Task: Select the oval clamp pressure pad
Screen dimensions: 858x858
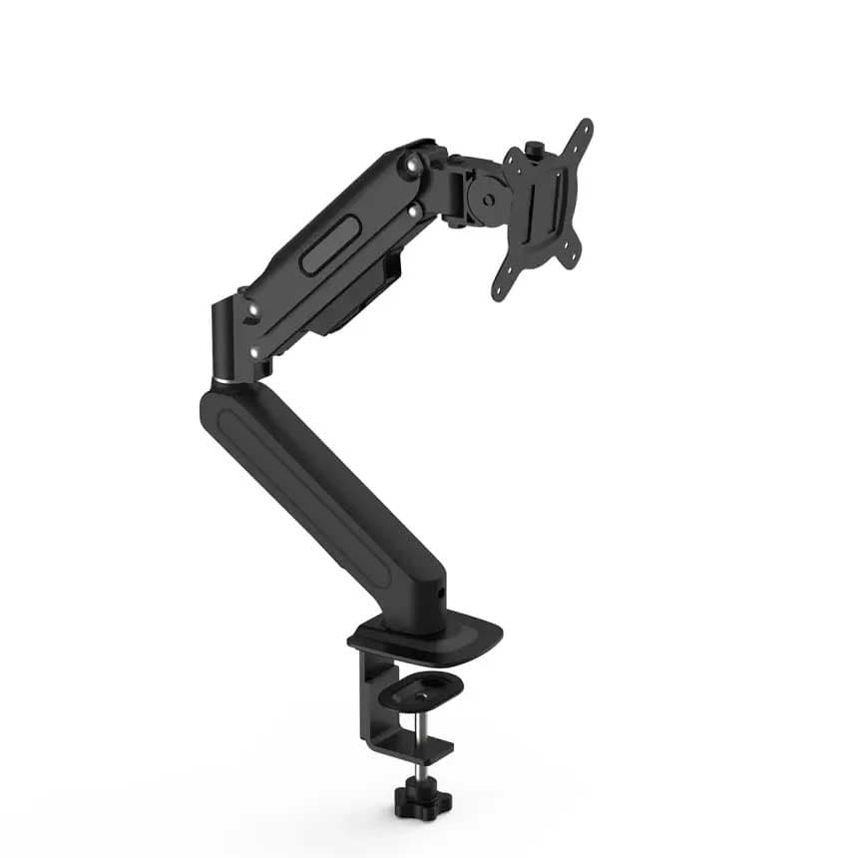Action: (x=428, y=688)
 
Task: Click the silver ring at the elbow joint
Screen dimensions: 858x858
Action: (x=227, y=380)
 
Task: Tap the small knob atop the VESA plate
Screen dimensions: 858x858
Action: (x=537, y=151)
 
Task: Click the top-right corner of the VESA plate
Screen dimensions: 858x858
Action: (x=584, y=129)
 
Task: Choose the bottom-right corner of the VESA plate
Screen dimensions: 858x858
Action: (x=571, y=260)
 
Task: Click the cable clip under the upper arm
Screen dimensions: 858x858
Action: (x=391, y=267)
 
